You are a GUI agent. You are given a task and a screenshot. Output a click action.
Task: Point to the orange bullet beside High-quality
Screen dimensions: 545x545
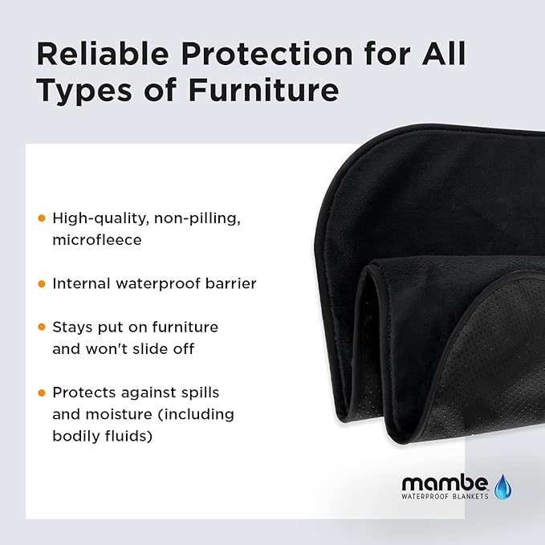pyautogui.click(x=42, y=218)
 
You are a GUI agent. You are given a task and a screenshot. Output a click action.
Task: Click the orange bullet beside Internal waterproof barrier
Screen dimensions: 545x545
pyautogui.click(x=42, y=283)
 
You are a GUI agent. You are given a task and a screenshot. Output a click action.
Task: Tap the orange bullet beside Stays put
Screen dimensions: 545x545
pyautogui.click(x=42, y=327)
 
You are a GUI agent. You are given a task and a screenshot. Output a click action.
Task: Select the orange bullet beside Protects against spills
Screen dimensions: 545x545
pyautogui.click(x=42, y=392)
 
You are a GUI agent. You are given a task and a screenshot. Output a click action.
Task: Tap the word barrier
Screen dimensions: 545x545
pyautogui.click(x=232, y=283)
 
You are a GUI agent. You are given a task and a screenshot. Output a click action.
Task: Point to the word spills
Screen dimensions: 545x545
pyautogui.click(x=200, y=392)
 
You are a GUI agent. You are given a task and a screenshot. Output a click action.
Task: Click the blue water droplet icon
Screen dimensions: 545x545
pyautogui.click(x=503, y=486)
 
